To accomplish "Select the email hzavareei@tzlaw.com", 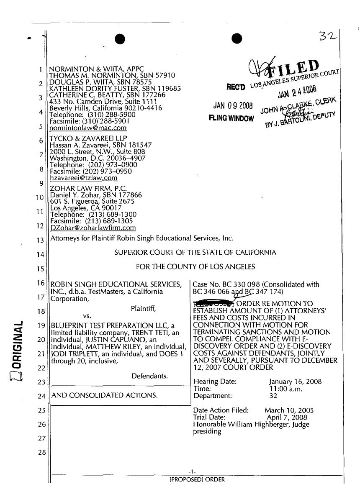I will [83, 177].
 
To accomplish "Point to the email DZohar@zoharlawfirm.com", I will [93, 228].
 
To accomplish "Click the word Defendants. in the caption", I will [149, 376].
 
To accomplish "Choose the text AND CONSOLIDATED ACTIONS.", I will [104, 395].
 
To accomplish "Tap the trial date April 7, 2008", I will [287, 417].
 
